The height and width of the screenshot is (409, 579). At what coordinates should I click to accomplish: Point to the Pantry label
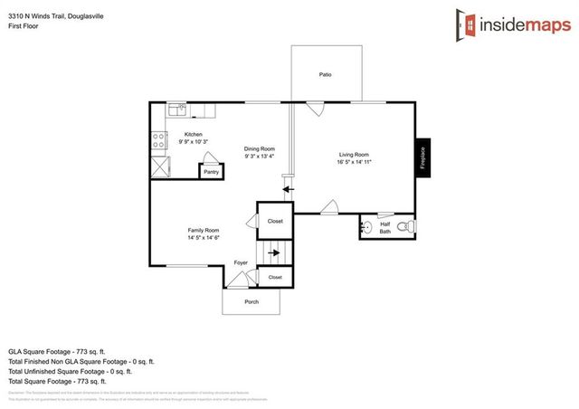click(x=211, y=171)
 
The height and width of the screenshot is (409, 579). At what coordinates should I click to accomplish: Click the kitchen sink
click(x=178, y=111)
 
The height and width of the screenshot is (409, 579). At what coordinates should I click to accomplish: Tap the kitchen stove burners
click(x=158, y=140)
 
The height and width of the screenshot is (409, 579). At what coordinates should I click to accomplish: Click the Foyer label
click(x=241, y=262)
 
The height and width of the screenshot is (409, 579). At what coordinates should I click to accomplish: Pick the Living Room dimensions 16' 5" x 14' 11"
click(x=354, y=161)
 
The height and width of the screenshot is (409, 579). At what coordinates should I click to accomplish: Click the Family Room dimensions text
click(x=204, y=237)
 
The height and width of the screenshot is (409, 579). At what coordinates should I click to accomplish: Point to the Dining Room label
click(x=260, y=148)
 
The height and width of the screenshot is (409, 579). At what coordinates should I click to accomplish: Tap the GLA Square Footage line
click(x=57, y=349)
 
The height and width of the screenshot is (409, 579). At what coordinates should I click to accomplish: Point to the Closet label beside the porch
click(x=275, y=277)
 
